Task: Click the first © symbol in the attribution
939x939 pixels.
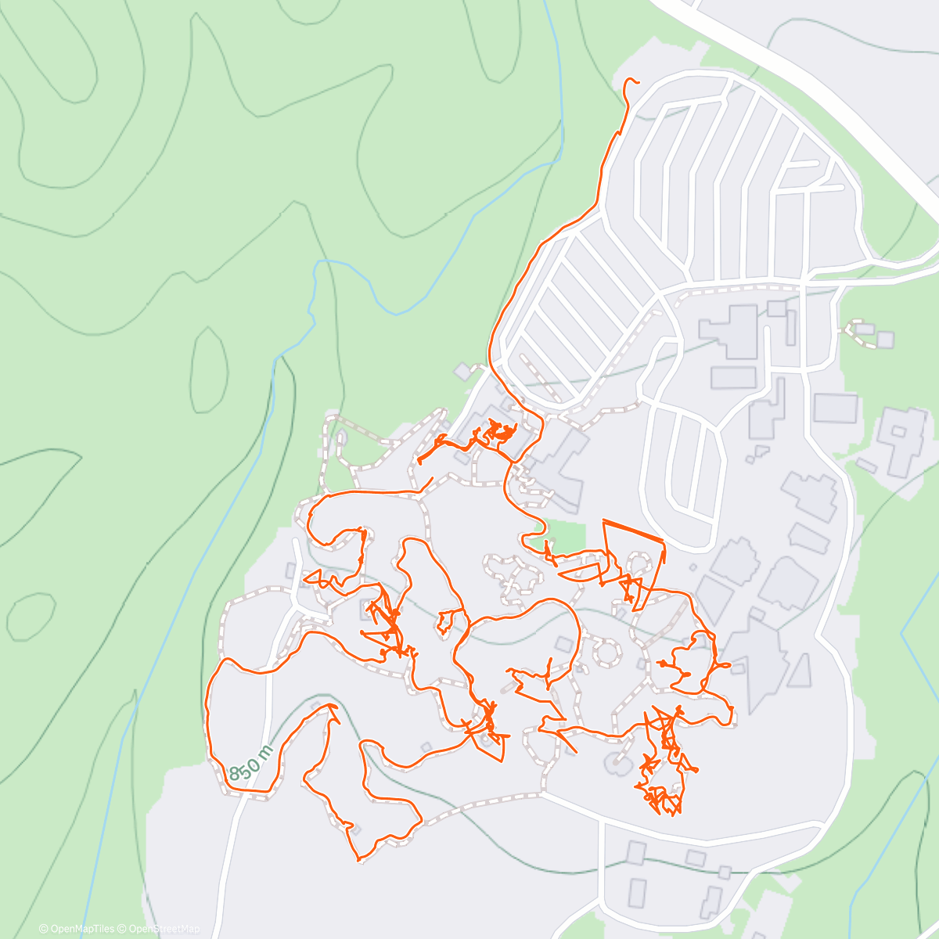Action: coord(43,929)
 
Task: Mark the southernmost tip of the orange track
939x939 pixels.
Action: coord(358,861)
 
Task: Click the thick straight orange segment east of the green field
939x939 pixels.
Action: coord(633,530)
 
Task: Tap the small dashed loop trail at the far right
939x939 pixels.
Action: coord(859,327)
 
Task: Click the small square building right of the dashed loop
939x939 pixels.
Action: coord(885,340)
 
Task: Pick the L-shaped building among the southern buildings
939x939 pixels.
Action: coord(711,900)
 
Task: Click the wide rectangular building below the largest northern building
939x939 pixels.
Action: coord(733,377)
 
